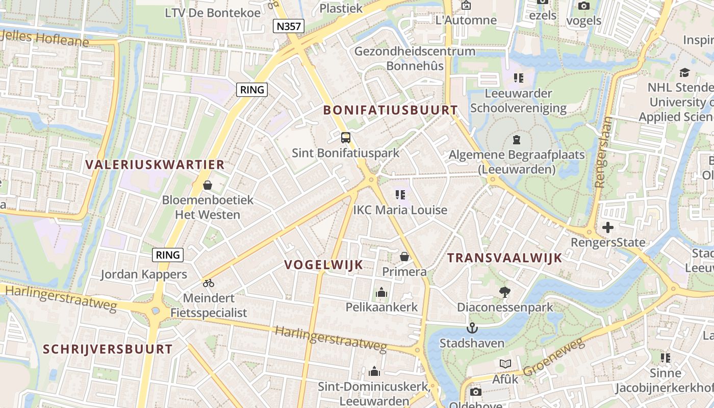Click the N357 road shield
[289, 26]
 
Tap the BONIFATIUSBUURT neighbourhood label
[391, 110]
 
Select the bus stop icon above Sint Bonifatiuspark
[346, 137]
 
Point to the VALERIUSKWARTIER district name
[155, 165]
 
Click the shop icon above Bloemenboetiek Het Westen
[208, 185]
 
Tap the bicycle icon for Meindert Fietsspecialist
[208, 283]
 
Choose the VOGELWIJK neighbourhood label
[324, 264]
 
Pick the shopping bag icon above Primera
[404, 256]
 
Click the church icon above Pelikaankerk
[381, 292]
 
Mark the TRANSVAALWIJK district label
[504, 258]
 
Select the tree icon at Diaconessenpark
[505, 292]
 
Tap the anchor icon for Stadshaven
[472, 327]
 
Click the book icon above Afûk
[505, 364]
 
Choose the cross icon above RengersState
[607, 227]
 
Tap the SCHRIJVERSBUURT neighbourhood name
[108, 349]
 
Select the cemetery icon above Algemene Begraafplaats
[517, 139]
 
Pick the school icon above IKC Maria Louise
[400, 194]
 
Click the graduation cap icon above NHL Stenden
[684, 73]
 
